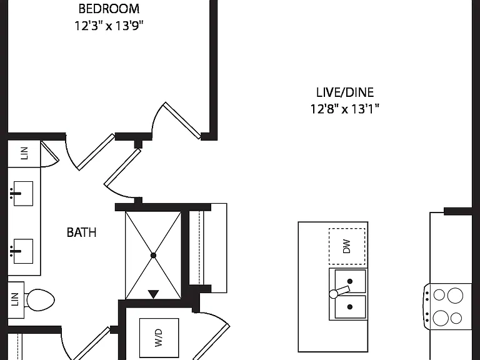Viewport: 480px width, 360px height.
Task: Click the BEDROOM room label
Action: click(109, 9)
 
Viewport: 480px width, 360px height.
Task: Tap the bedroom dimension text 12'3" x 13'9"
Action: click(109, 26)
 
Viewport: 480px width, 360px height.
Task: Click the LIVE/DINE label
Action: click(345, 92)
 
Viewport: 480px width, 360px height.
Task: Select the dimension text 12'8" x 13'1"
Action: click(345, 109)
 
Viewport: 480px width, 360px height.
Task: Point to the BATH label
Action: click(81, 232)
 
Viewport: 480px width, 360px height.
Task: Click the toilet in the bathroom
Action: click(40, 300)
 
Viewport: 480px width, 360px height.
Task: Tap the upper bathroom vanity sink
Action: click(22, 194)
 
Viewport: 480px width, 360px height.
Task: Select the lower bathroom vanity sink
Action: click(22, 251)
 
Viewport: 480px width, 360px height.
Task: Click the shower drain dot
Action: click(153, 255)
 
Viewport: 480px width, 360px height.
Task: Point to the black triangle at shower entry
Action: click(153, 294)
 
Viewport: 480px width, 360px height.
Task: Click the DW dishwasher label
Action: click(346, 246)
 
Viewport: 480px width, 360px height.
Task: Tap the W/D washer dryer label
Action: click(159, 337)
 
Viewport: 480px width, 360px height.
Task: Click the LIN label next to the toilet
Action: click(15, 299)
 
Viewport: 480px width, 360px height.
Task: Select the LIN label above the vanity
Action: click(24, 153)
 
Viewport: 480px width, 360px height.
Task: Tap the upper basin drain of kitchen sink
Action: click(350, 281)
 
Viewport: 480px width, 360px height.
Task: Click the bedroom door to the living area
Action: click(182, 121)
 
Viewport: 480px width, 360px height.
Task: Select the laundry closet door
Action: click(211, 336)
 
